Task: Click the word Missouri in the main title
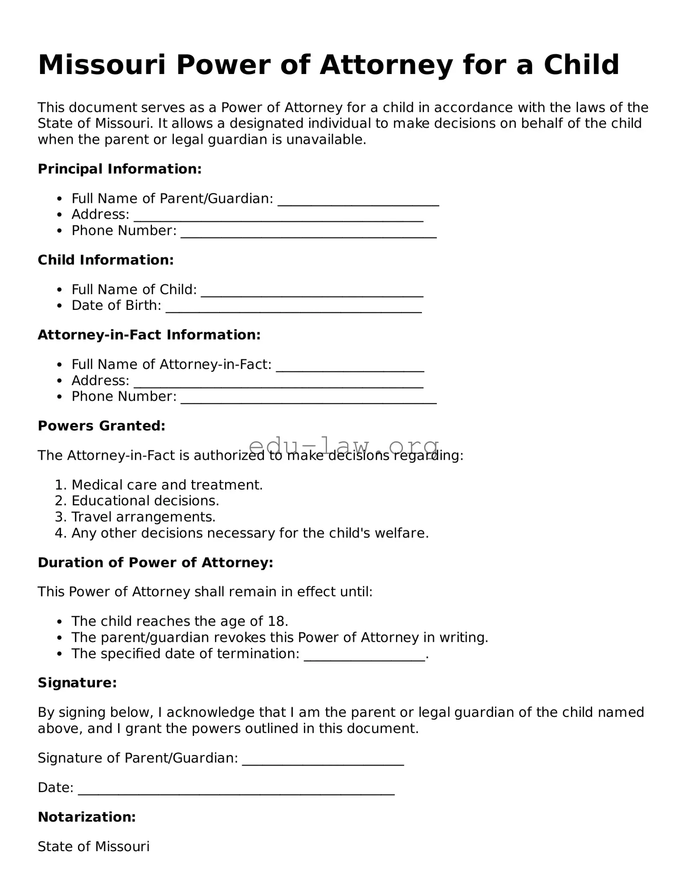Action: click(x=102, y=65)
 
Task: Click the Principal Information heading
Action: click(x=120, y=169)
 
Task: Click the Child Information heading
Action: click(x=106, y=260)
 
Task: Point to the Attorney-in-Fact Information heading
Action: click(x=149, y=335)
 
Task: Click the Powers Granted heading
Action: click(x=102, y=426)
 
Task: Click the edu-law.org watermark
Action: click(x=343, y=446)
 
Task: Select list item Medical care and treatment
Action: click(x=167, y=485)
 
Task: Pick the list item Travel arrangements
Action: click(x=143, y=517)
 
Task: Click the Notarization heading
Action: click(x=87, y=817)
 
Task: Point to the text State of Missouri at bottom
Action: click(x=93, y=847)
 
